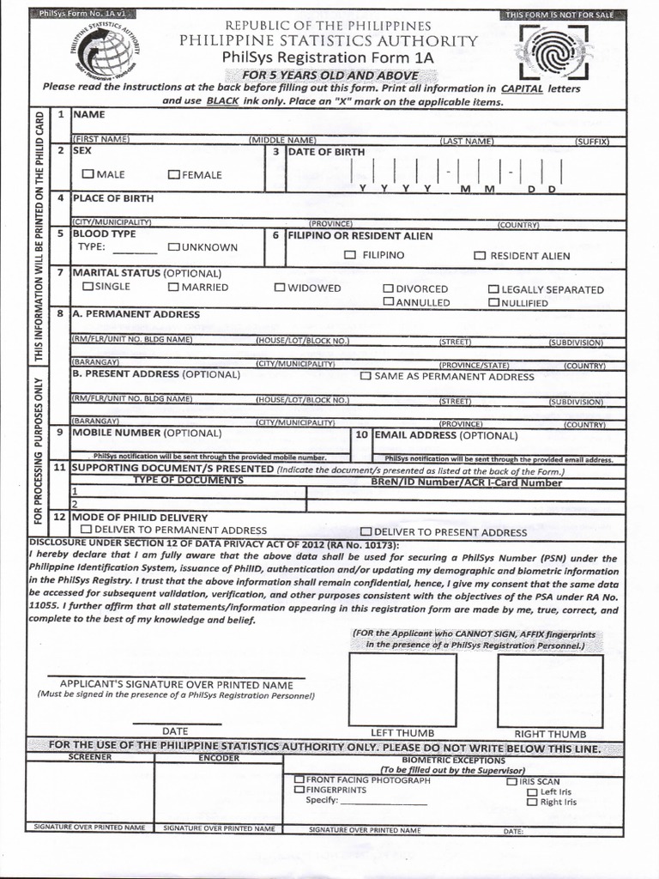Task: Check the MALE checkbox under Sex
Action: pyautogui.click(x=88, y=174)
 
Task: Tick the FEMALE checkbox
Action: pyautogui.click(x=173, y=174)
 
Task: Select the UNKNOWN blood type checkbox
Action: pyautogui.click(x=173, y=247)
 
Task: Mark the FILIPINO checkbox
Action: pyautogui.click(x=349, y=255)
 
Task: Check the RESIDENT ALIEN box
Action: pyautogui.click(x=481, y=256)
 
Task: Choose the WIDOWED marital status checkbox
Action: pyautogui.click(x=280, y=288)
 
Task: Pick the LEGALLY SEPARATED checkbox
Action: pyautogui.click(x=493, y=289)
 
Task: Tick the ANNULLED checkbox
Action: pyautogui.click(x=389, y=302)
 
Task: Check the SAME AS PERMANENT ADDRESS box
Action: pyautogui.click(x=366, y=376)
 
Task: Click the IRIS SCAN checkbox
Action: pyautogui.click(x=511, y=782)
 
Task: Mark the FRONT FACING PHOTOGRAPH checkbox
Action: pyautogui.click(x=299, y=779)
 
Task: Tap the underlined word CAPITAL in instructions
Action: pyautogui.click(x=522, y=88)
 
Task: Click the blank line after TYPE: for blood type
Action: pyautogui.click(x=135, y=251)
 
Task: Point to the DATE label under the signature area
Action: pyautogui.click(x=175, y=730)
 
